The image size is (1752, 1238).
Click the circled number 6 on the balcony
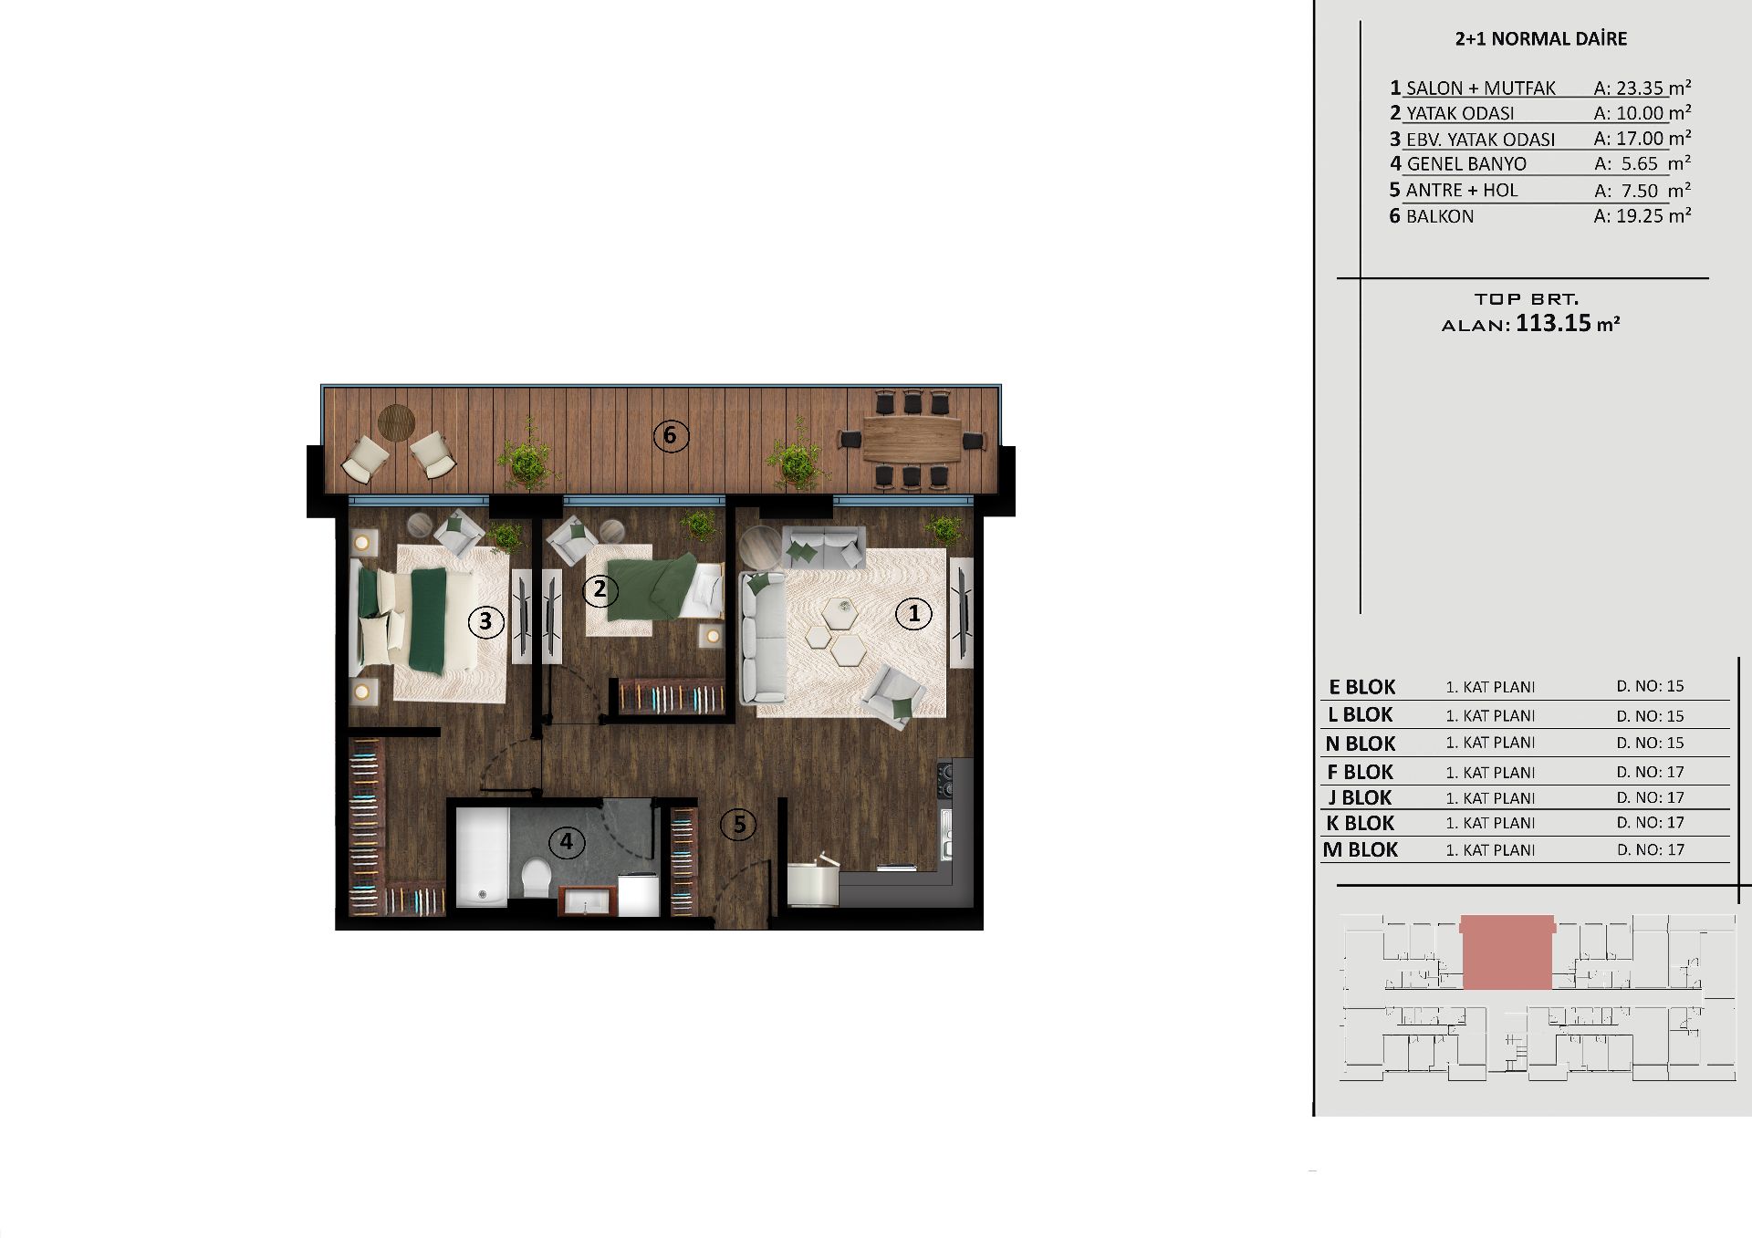(670, 435)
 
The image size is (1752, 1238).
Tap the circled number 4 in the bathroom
(566, 841)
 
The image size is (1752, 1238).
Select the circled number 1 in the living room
(913, 614)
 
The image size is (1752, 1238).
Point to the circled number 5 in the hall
(738, 825)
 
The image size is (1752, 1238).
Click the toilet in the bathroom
(536, 879)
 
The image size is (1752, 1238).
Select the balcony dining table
(912, 440)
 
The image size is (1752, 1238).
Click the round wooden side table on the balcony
(396, 422)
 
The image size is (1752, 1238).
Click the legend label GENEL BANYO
(1466, 164)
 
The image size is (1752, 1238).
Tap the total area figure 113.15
(1553, 323)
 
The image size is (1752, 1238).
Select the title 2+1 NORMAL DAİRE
(1541, 39)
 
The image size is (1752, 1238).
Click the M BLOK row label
(1361, 850)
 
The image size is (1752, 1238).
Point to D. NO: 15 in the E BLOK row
(1650, 686)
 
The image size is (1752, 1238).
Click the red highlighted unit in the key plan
(1507, 952)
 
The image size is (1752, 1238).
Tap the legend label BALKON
(1440, 217)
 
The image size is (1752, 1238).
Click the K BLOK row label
(1361, 823)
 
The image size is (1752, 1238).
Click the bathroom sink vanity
(589, 900)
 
